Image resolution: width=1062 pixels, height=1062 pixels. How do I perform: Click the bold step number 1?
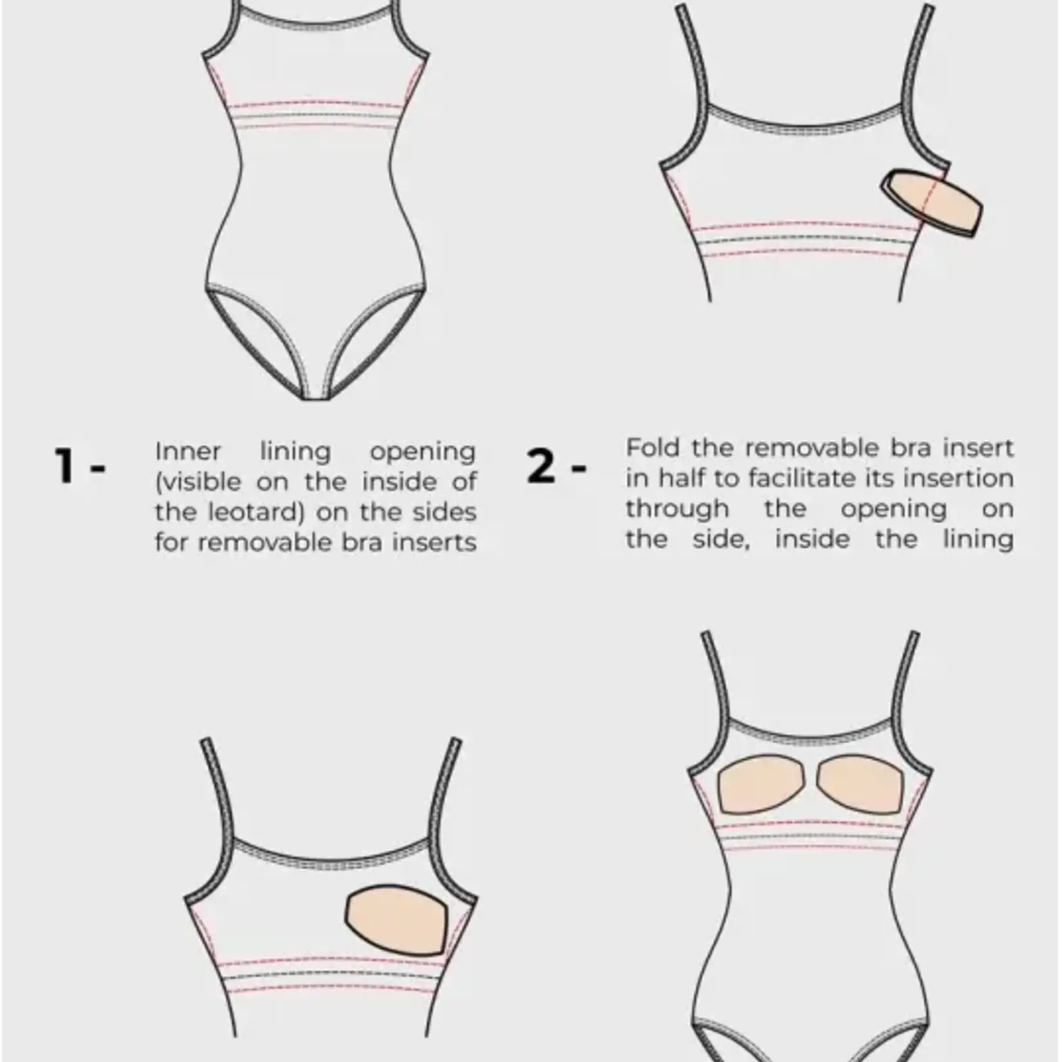(x=65, y=465)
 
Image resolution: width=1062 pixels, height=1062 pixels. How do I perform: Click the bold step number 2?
(x=541, y=465)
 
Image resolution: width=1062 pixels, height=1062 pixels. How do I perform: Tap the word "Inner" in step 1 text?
(x=188, y=451)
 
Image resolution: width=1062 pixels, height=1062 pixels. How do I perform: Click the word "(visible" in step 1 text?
(x=198, y=482)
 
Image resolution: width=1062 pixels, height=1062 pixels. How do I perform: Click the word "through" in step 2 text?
(x=677, y=509)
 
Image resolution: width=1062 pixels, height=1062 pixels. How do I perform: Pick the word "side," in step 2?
(x=721, y=539)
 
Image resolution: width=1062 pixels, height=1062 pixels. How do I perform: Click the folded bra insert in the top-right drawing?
(x=932, y=202)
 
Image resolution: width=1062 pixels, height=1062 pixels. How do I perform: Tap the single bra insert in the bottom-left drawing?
(x=396, y=919)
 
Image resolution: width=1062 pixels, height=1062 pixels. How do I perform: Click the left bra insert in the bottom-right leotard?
(x=760, y=784)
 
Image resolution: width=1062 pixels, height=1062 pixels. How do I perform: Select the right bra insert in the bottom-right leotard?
(x=860, y=784)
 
